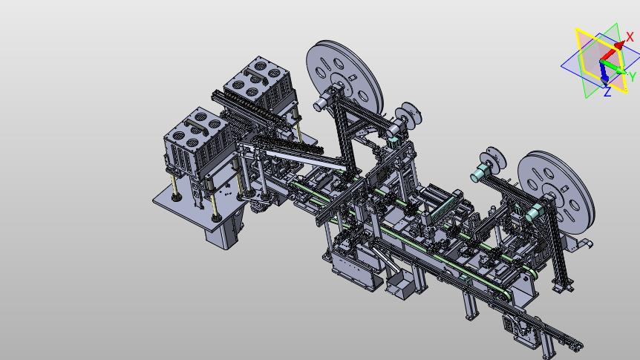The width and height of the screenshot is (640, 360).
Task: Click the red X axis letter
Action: tap(630, 37)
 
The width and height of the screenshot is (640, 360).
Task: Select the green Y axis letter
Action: tap(633, 76)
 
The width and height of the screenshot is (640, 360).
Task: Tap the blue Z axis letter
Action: tap(607, 92)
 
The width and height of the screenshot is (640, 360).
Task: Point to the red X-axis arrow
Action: tap(612, 51)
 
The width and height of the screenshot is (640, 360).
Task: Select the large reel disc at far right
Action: tap(556, 192)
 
